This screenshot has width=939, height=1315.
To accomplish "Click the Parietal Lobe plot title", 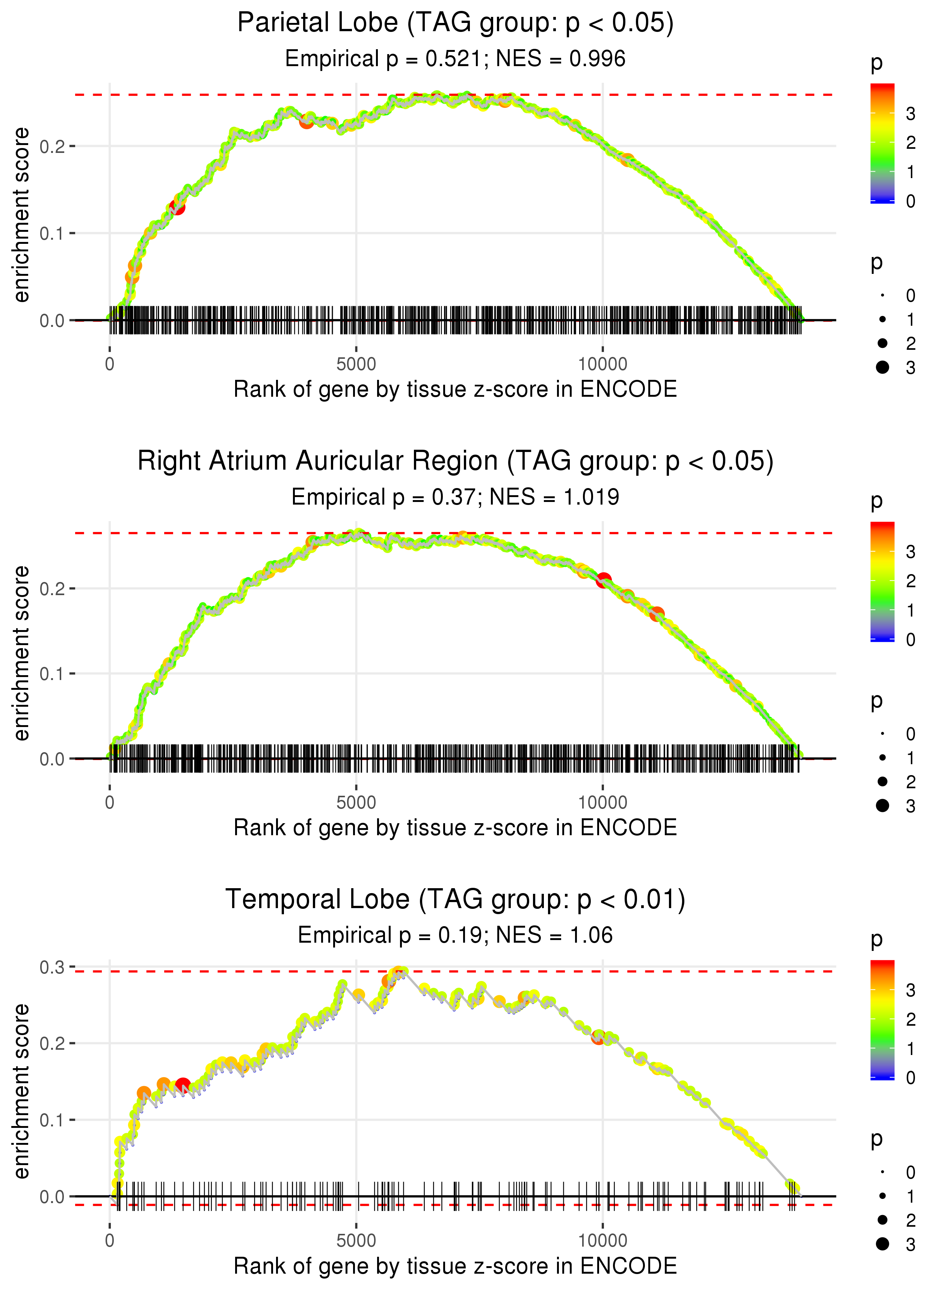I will pos(455,23).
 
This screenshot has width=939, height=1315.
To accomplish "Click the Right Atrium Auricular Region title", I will pos(455,461).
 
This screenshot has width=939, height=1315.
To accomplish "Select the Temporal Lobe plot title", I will pos(455,900).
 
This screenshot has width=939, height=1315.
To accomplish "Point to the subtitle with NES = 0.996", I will pos(455,59).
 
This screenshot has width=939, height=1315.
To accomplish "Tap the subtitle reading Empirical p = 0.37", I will pos(455,497).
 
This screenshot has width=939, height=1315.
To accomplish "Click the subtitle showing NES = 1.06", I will pos(455,936).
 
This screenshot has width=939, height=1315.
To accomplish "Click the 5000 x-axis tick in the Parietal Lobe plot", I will pos(356,364).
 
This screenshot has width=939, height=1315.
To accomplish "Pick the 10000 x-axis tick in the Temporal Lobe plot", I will pos(602,1241).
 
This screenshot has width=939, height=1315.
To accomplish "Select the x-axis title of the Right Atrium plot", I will pos(455,828).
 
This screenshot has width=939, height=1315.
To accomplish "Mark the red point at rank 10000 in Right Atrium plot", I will pos(604,580).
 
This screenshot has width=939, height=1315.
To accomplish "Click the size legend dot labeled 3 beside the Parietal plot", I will pos(882,367).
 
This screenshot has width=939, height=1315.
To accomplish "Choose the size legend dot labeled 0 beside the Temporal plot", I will pos(882,1172).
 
